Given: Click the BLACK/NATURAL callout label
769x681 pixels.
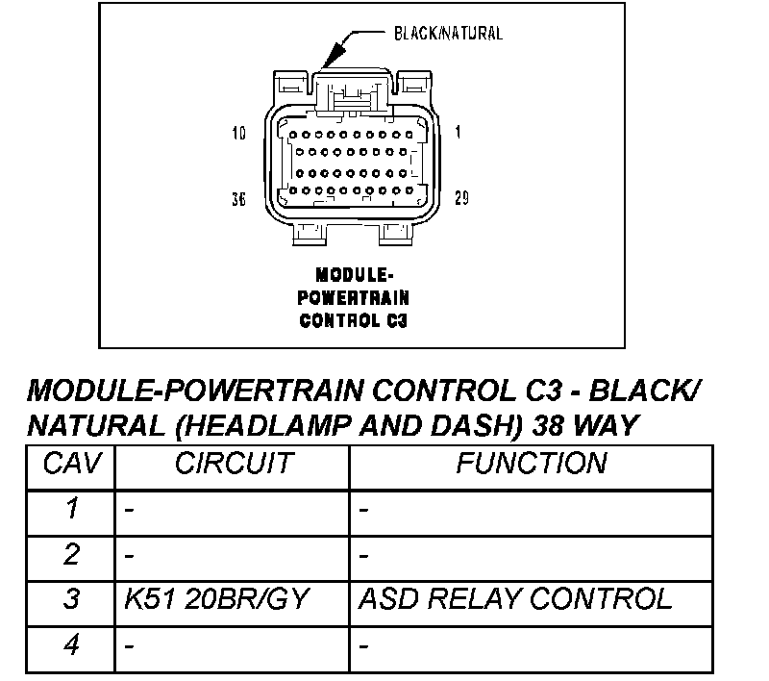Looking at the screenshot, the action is point(448,34).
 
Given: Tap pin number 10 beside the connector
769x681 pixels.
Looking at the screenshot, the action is point(238,133).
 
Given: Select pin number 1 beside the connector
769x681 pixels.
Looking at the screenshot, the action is point(458,133).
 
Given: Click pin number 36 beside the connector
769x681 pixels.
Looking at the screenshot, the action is point(238,198).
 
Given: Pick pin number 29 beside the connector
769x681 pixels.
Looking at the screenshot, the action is point(461,198).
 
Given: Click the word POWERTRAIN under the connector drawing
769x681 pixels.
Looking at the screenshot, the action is point(353,298).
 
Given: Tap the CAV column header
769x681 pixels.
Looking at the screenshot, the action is point(70,464).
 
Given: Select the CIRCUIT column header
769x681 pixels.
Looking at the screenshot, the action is point(233,464).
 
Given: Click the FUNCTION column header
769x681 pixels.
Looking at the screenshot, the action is point(531,464).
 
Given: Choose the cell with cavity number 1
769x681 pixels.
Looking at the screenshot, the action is point(70,510).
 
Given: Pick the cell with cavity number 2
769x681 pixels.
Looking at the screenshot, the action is point(70,555).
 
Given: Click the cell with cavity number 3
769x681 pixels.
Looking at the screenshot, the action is point(70,600).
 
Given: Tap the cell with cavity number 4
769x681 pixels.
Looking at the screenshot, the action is point(70,645).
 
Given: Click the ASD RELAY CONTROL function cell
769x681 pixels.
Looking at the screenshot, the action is point(514,600).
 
